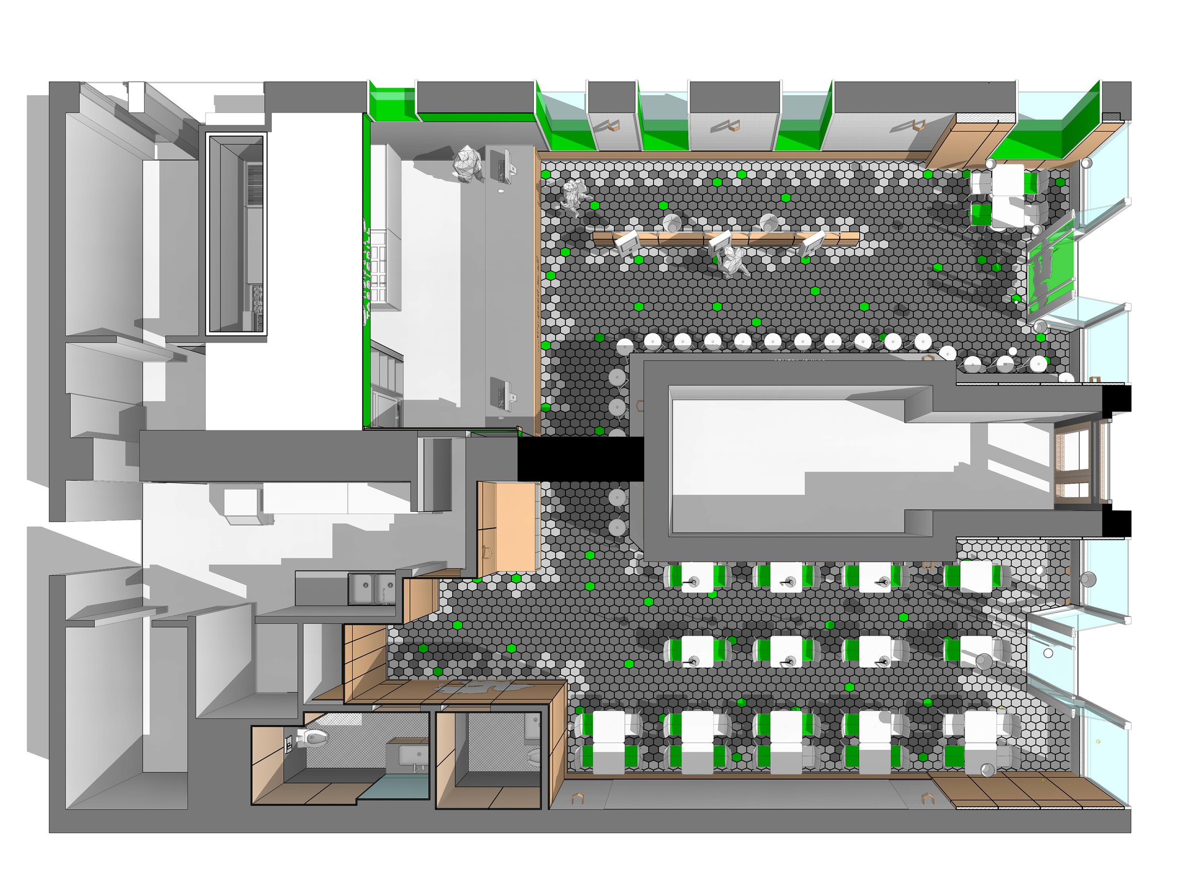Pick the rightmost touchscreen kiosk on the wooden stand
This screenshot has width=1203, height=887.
click(812, 244)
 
